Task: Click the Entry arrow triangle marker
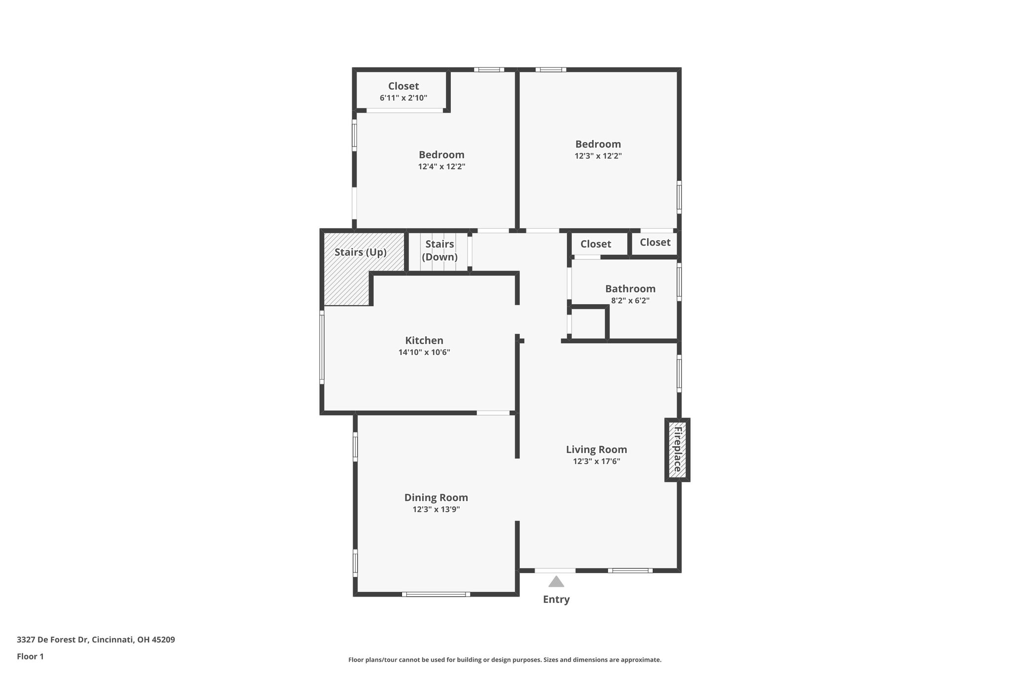556,582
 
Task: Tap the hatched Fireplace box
677,450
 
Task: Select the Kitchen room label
424,340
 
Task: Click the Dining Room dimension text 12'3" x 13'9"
436,509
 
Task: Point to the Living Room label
597,450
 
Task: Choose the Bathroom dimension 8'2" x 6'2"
630,301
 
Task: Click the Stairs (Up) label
361,252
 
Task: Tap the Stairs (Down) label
439,250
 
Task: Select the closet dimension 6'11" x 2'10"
403,98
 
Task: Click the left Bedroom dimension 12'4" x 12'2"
442,167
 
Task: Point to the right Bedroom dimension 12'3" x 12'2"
598,156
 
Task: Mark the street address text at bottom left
96,640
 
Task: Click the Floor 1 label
30,656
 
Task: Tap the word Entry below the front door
556,600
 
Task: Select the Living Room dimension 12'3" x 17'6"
597,461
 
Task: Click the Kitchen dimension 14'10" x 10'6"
424,353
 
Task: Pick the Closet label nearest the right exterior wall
655,242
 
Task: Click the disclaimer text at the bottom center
505,660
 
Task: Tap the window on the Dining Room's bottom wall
436,594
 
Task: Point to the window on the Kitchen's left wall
322,347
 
